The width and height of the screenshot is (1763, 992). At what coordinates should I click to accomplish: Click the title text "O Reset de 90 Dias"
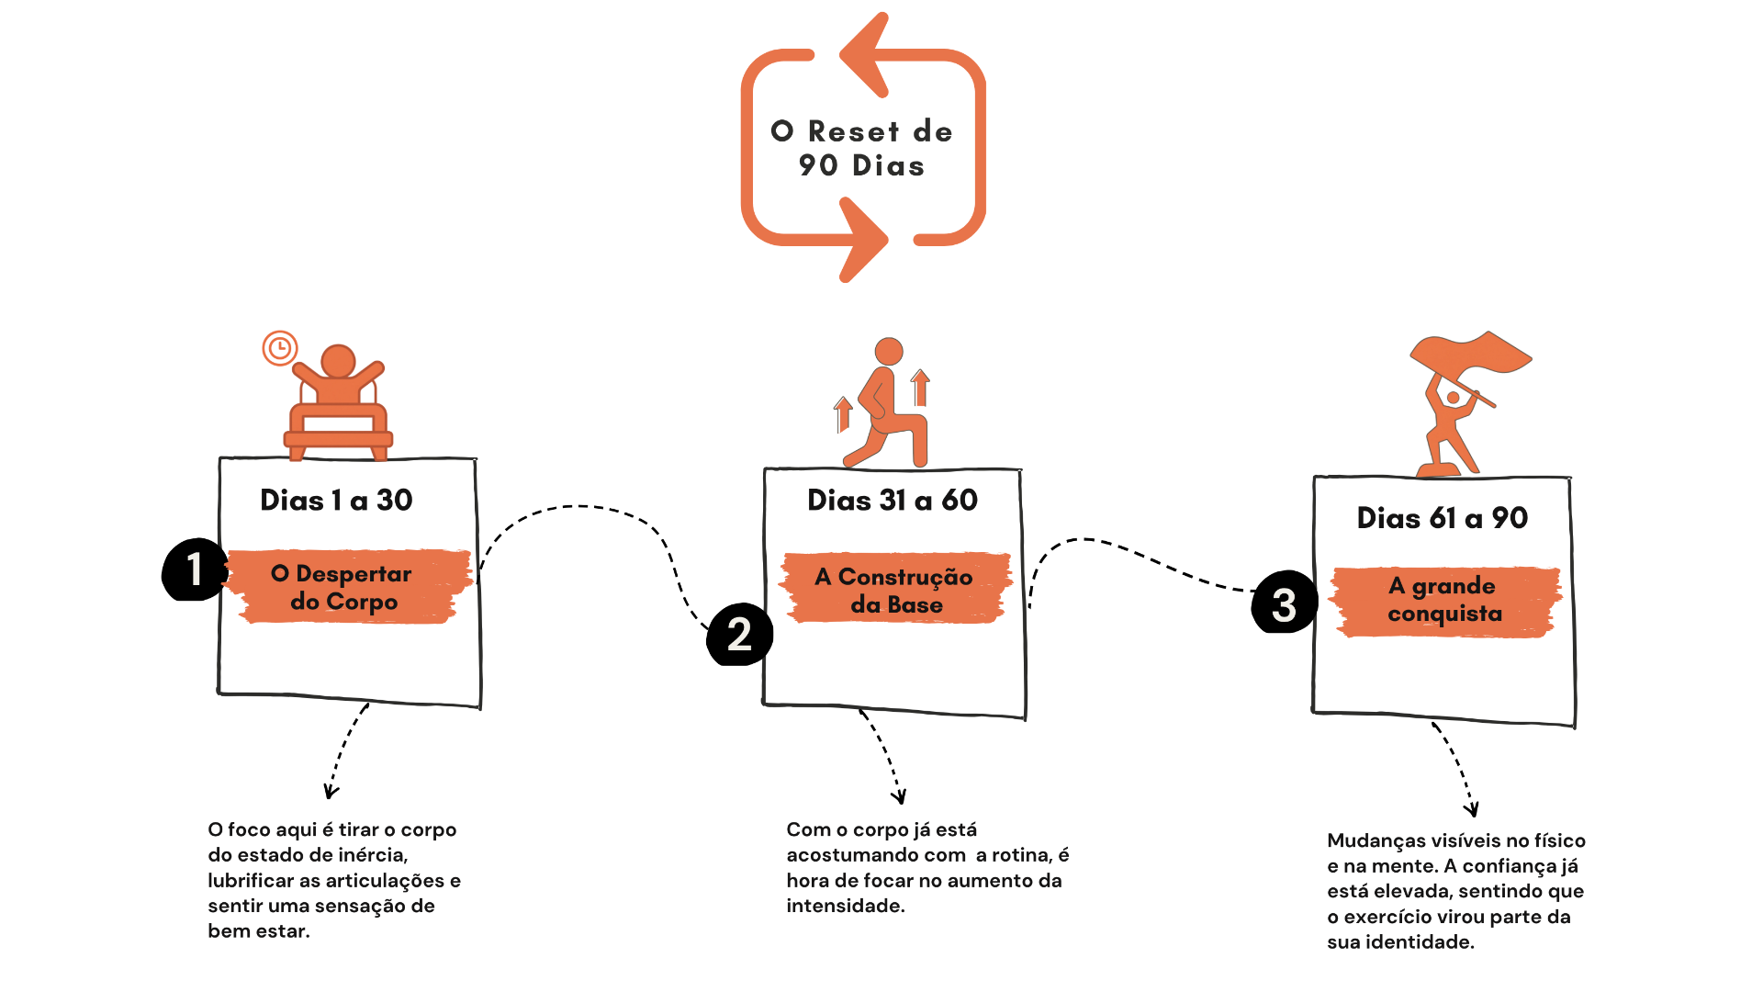861,148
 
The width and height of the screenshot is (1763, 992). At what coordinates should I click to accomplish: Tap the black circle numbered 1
194,569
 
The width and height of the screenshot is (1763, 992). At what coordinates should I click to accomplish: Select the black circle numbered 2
739,635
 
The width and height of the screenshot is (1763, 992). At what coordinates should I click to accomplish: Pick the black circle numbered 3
1285,603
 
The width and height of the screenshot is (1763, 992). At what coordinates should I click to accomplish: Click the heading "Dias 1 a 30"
336,500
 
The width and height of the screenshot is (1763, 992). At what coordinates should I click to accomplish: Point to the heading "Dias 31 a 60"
893,500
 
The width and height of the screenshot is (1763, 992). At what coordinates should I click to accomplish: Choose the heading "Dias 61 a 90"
1443,518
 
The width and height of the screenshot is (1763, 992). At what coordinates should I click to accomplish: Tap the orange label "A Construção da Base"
895,589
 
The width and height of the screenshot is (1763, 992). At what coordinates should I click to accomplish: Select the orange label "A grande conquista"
1445,601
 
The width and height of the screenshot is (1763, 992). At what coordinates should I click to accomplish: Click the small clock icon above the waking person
280,348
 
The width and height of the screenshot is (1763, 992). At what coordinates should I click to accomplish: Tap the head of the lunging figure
889,352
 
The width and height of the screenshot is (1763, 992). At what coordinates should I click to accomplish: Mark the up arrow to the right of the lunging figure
920,388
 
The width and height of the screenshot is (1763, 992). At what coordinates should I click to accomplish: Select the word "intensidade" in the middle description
846,906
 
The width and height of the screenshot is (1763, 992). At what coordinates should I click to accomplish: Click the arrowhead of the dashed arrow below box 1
331,791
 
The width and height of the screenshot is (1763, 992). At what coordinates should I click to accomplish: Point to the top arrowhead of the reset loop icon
864,55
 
